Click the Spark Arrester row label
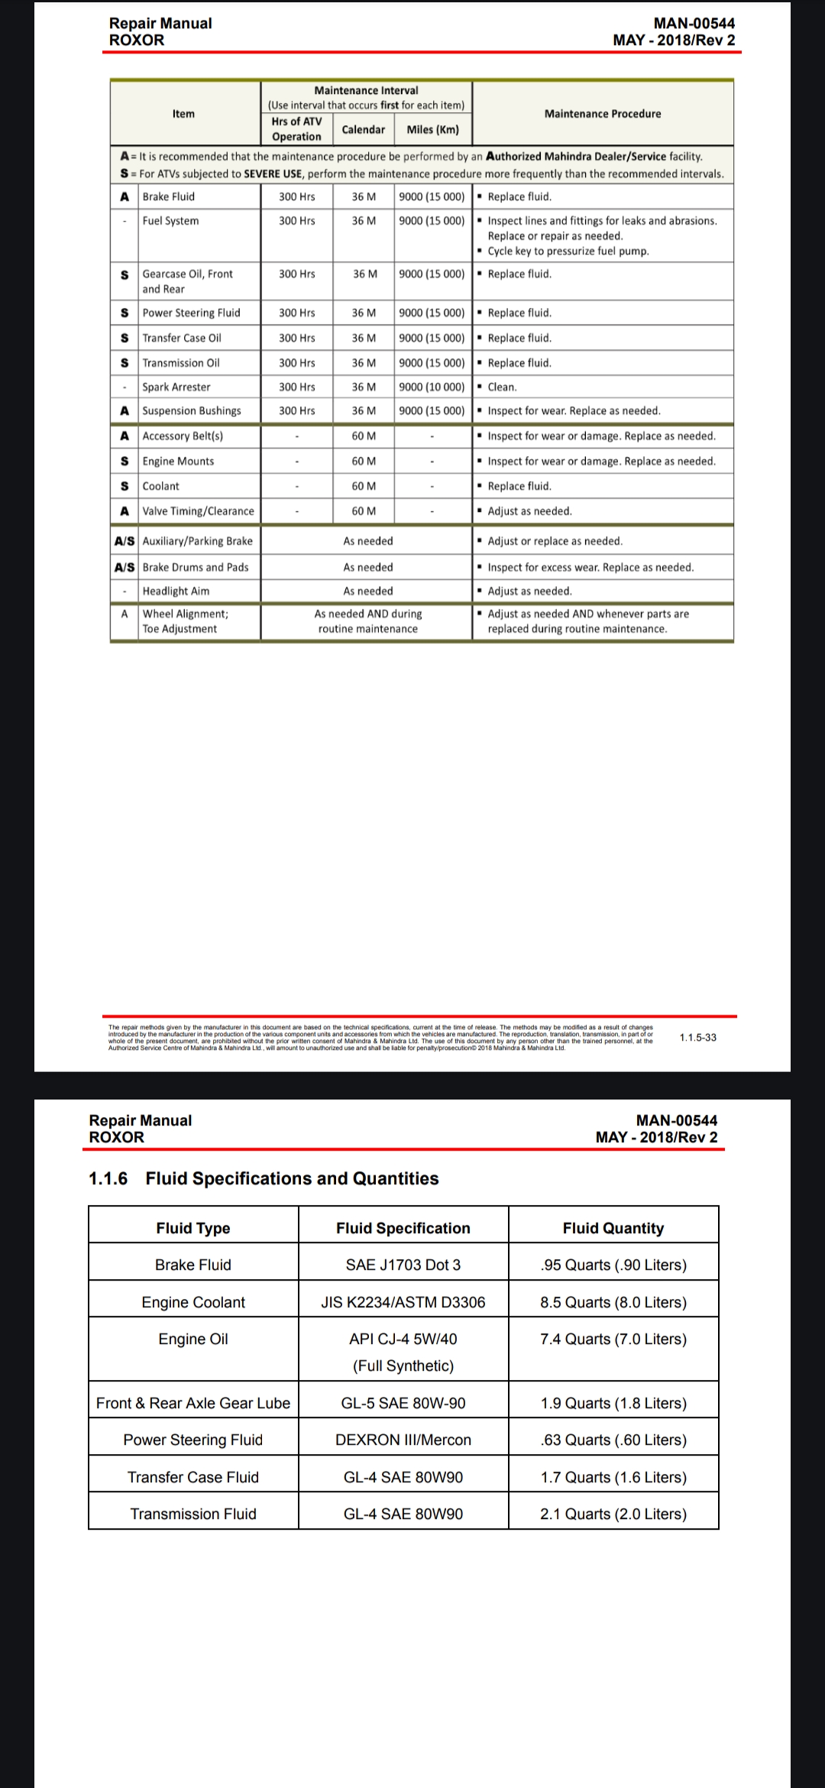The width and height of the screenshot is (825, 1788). [x=176, y=387]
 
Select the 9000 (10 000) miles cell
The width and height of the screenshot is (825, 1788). [x=432, y=387]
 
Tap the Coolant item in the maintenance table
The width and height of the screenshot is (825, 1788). [x=161, y=486]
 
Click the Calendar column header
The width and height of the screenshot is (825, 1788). [x=364, y=129]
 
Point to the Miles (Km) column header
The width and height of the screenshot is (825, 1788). [x=432, y=129]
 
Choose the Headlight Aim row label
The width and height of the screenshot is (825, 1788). [x=176, y=591]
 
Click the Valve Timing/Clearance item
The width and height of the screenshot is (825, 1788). [x=198, y=511]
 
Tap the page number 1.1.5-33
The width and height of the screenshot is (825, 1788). [x=697, y=1037]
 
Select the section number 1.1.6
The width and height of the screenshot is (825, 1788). [x=108, y=1178]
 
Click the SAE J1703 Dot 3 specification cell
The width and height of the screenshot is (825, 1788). [x=403, y=1265]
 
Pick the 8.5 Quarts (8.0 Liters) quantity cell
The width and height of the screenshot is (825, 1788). [x=613, y=1302]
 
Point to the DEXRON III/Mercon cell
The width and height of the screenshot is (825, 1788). [x=403, y=1440]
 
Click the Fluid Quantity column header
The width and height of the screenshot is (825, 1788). [x=613, y=1228]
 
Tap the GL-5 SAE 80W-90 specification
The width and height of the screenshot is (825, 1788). [x=403, y=1403]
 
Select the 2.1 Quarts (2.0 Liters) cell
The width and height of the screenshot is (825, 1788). [x=613, y=1514]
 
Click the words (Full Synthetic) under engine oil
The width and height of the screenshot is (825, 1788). [x=403, y=1365]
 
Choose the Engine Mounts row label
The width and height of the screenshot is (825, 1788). [x=178, y=461]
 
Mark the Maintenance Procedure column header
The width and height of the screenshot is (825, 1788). [x=603, y=114]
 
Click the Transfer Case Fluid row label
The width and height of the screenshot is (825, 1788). [x=193, y=1477]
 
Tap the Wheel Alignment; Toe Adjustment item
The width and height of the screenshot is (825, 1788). [x=185, y=621]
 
